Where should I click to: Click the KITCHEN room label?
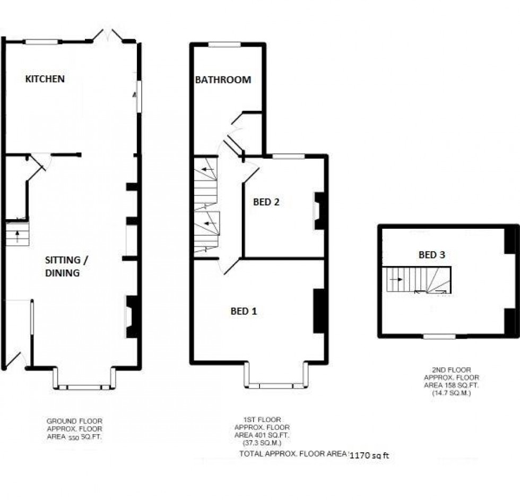45,79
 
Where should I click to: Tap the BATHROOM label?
223,80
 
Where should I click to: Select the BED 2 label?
266,202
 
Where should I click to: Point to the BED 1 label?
244,312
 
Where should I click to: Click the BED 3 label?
431,255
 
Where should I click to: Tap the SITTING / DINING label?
63,266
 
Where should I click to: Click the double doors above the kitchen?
109,36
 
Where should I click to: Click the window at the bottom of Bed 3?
439,336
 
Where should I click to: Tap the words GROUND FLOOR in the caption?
74,421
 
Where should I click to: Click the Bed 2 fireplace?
317,211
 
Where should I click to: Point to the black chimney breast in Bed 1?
319,311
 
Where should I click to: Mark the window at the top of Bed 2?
288,156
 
